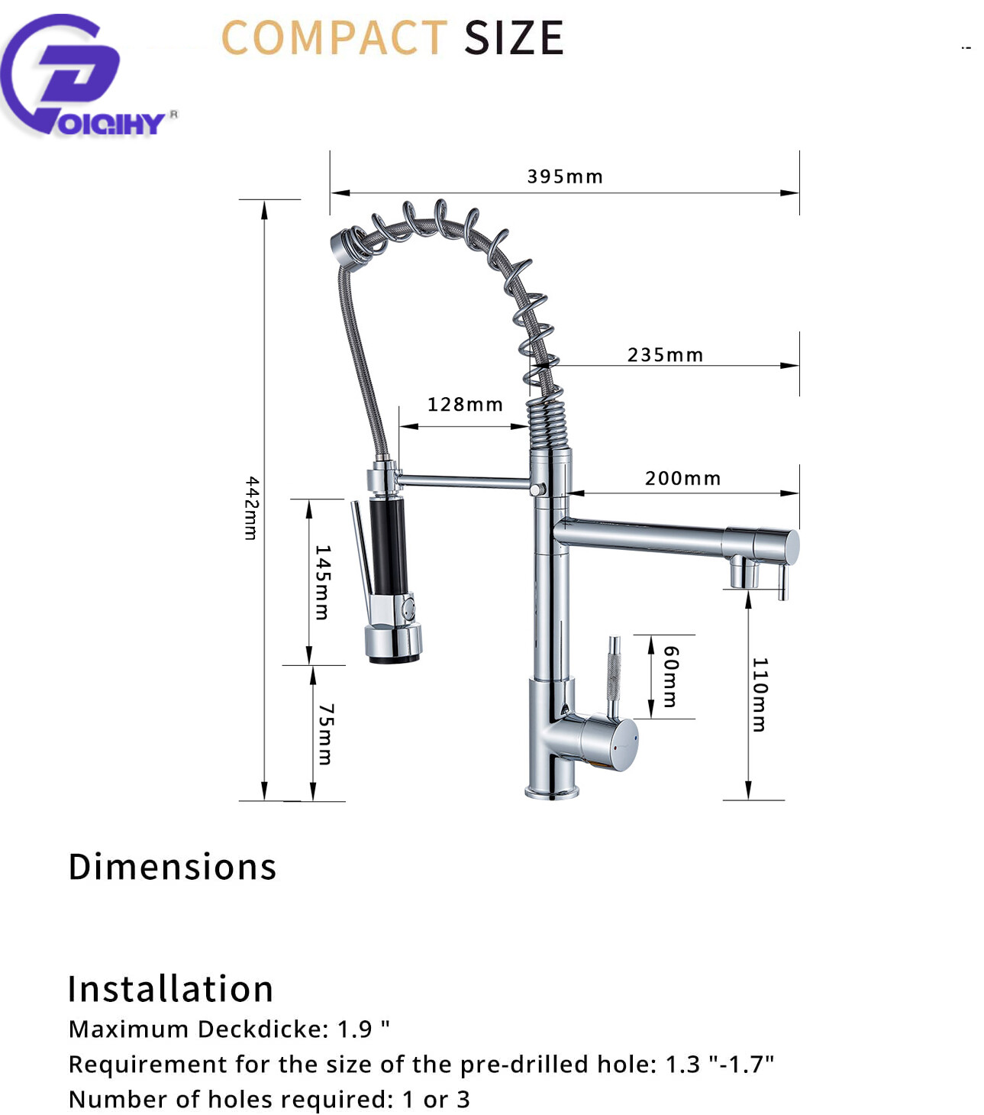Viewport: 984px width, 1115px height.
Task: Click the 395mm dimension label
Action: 565,176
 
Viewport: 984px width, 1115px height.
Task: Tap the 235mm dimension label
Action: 666,355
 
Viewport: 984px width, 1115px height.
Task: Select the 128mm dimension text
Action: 466,405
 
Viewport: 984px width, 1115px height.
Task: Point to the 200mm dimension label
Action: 682,478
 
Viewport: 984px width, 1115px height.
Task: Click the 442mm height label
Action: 251,508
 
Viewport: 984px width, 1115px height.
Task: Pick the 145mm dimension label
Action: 323,582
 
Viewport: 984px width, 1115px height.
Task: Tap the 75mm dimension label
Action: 326,734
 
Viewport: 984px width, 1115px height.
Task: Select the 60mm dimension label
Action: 671,677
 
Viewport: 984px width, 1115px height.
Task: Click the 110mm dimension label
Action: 760,694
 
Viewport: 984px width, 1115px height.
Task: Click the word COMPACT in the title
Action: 334,37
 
